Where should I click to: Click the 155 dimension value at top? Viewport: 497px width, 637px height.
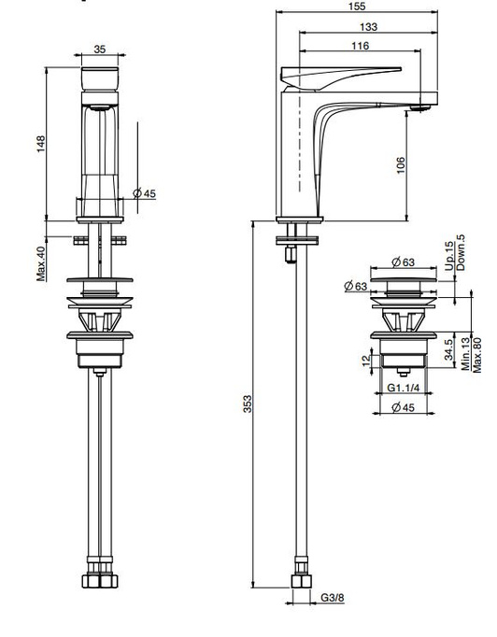[356, 7]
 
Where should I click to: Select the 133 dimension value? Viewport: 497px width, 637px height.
[368, 27]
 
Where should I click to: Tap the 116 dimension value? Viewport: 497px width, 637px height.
[360, 46]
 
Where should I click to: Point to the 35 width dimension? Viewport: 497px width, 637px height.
[100, 50]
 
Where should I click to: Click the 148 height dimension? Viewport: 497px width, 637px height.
[40, 144]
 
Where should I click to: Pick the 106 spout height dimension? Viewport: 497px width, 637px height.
[401, 165]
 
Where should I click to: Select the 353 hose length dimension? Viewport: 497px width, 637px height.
[247, 403]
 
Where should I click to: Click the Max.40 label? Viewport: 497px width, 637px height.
[41, 263]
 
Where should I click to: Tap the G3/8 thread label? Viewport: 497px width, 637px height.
[333, 598]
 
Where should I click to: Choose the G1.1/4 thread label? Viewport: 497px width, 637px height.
[403, 388]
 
